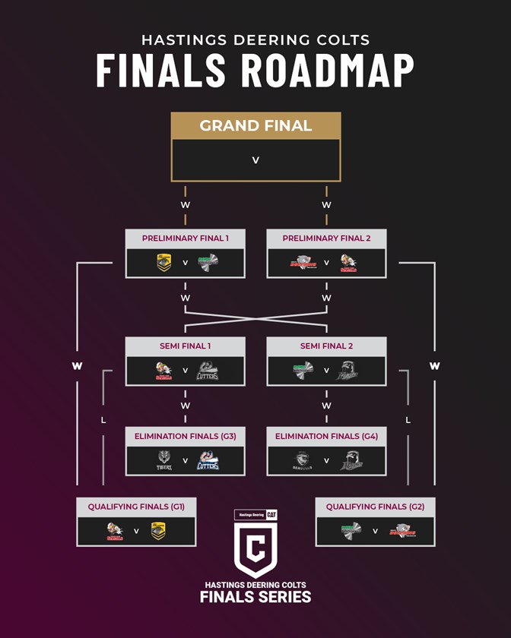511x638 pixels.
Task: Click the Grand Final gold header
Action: click(x=255, y=126)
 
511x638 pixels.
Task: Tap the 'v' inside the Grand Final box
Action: click(x=255, y=160)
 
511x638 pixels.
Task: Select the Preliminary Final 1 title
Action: click(x=185, y=238)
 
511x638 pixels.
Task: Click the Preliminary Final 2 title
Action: click(x=326, y=238)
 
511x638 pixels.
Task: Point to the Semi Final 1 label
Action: click(x=185, y=346)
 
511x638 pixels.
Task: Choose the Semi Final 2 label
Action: click(x=326, y=346)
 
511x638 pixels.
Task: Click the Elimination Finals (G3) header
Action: click(x=185, y=436)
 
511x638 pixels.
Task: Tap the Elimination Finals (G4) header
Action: click(x=326, y=436)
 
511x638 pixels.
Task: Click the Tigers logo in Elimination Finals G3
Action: click(x=163, y=460)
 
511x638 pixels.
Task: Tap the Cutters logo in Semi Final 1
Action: click(x=208, y=371)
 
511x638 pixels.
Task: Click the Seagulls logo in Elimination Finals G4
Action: click(x=303, y=460)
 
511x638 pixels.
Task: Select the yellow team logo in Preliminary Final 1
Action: click(x=163, y=263)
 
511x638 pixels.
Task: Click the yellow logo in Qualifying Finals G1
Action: click(x=158, y=531)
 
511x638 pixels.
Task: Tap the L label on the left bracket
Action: click(x=103, y=420)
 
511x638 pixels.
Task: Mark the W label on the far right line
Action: click(x=434, y=366)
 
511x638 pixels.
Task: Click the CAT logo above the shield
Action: click(x=271, y=514)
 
